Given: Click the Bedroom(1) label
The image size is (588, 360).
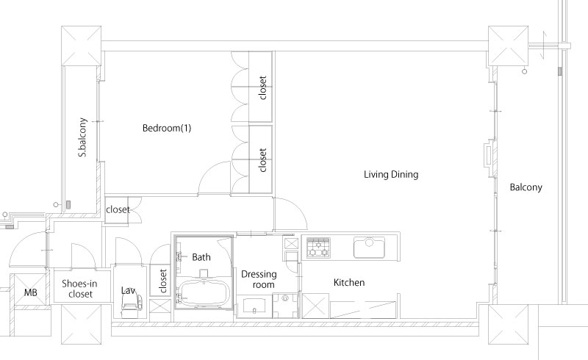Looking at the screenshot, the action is pos(167,128).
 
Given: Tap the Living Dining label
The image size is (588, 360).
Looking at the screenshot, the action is pos(391,174).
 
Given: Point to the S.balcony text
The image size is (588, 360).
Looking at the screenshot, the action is pos(82,137).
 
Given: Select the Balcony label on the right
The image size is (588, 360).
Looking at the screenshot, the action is pos(526,187).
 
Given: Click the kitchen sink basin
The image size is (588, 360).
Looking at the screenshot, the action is pos(370,248).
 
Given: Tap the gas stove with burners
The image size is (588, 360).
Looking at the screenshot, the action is pos(318,248).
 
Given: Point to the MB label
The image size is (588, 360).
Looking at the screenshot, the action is pos(31,292).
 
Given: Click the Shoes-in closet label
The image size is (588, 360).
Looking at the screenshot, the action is pos(80,289).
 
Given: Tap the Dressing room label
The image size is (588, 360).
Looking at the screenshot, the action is pos(259,279).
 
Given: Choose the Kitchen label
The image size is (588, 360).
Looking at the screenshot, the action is pos(349,282).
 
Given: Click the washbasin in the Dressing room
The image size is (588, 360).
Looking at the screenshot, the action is pos(254,306).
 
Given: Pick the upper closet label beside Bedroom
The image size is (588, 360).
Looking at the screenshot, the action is pos(262,87).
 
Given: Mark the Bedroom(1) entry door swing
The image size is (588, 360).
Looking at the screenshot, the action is pos(215,179).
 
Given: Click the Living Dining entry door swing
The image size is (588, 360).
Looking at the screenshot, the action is pos(290,214).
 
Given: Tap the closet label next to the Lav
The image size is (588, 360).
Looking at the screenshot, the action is pos(162,281).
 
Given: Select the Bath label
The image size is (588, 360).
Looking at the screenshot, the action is pos(201,257).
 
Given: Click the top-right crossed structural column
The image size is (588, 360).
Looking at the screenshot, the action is pos(508,46).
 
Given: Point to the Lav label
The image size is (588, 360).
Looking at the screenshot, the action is pos(128,290).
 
